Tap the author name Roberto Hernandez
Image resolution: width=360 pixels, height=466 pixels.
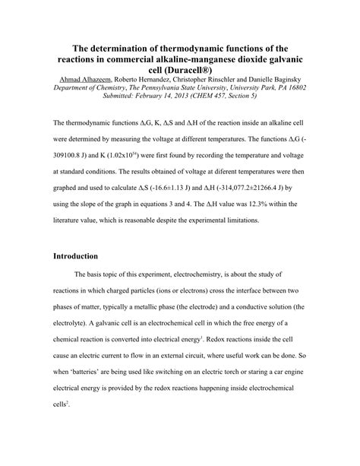150,79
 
